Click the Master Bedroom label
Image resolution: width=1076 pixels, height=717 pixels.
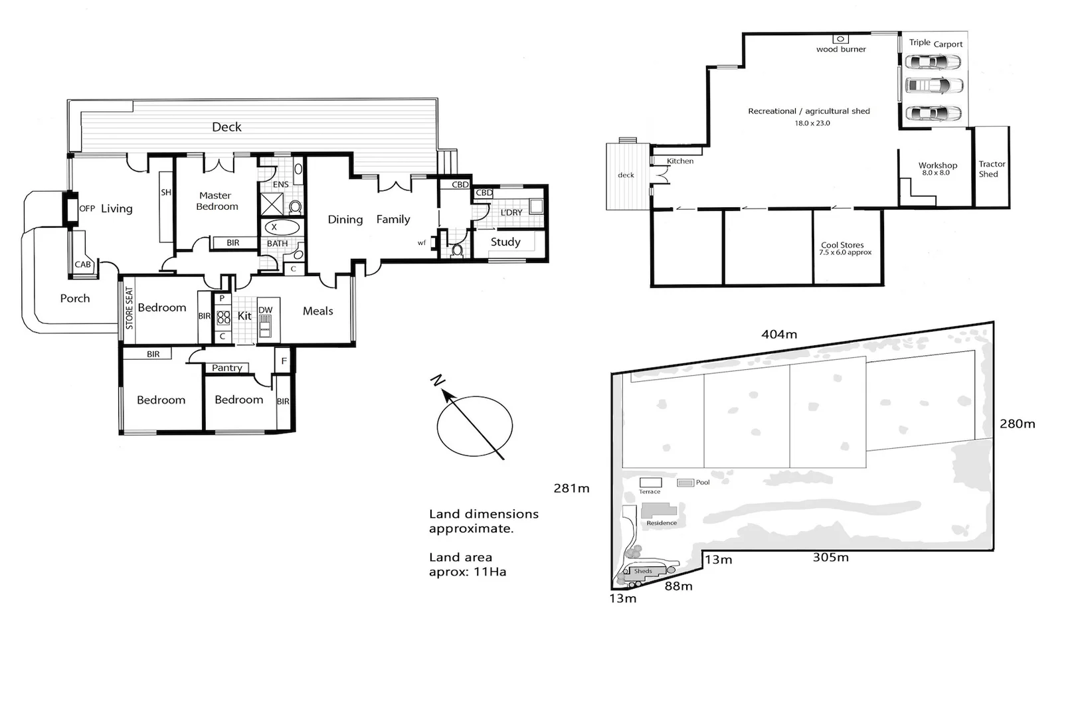pos(217,201)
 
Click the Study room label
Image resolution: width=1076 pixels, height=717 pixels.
pos(505,242)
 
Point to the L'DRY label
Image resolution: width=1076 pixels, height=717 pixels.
pos(511,212)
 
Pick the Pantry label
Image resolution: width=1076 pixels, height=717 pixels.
pos(227,368)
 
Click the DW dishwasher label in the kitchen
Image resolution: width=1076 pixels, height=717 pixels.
pos(265,310)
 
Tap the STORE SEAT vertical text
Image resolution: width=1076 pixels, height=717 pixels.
pos(130,309)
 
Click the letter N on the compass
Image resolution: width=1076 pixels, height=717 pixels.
pos(437,381)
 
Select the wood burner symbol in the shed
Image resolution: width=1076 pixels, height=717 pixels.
pos(840,39)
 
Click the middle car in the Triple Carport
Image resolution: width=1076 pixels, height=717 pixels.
pos(934,87)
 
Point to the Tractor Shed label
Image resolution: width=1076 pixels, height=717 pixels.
pos(991,169)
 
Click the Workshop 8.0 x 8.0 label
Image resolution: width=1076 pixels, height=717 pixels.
pos(937,169)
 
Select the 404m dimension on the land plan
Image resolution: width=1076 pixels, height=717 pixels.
pos(778,335)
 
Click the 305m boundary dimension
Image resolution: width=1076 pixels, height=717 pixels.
pos(830,558)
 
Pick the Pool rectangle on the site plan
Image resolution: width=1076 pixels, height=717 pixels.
pos(685,483)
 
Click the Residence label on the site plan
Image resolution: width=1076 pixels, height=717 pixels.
pos(662,523)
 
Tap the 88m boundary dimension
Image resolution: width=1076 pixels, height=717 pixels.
pos(678,586)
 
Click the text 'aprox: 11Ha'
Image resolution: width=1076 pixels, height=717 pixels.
pos(467,572)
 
